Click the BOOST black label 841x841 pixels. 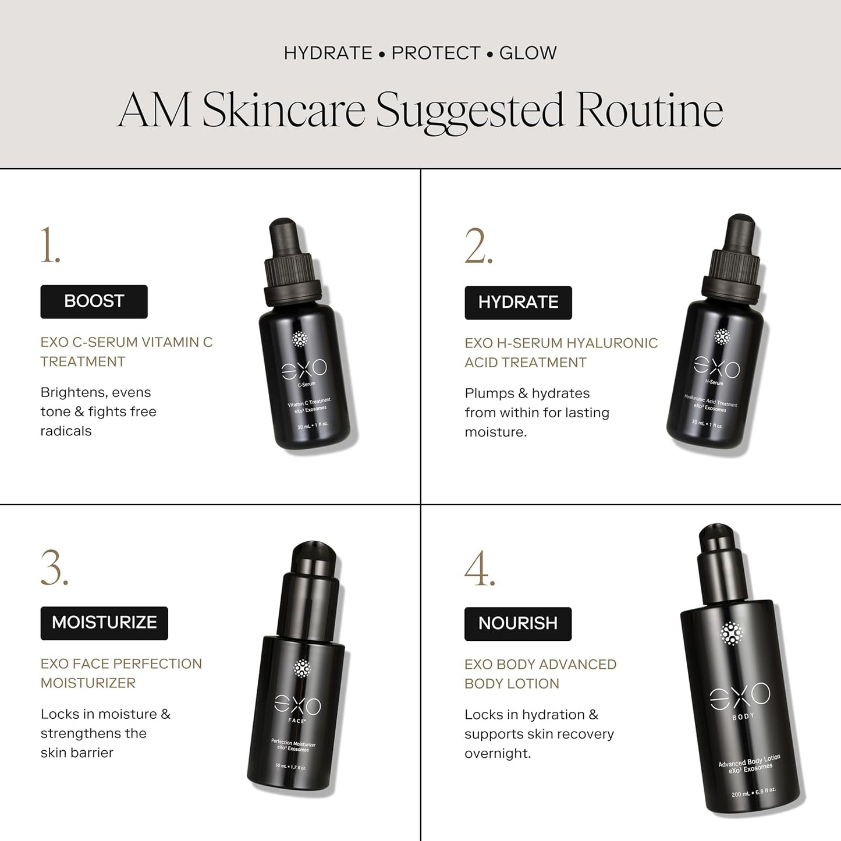(94, 301)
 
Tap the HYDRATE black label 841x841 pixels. (518, 303)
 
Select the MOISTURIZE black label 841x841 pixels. (104, 623)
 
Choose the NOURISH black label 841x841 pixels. (518, 623)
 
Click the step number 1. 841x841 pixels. (50, 246)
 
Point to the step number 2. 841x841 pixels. (478, 246)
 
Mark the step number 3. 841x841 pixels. (54, 567)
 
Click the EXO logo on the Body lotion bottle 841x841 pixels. (740, 695)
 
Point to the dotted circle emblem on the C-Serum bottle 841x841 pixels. (300, 339)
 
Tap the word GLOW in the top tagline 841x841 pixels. (528, 53)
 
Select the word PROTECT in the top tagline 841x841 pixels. (437, 53)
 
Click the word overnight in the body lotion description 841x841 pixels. (498, 754)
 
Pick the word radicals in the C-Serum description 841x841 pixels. (66, 431)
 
